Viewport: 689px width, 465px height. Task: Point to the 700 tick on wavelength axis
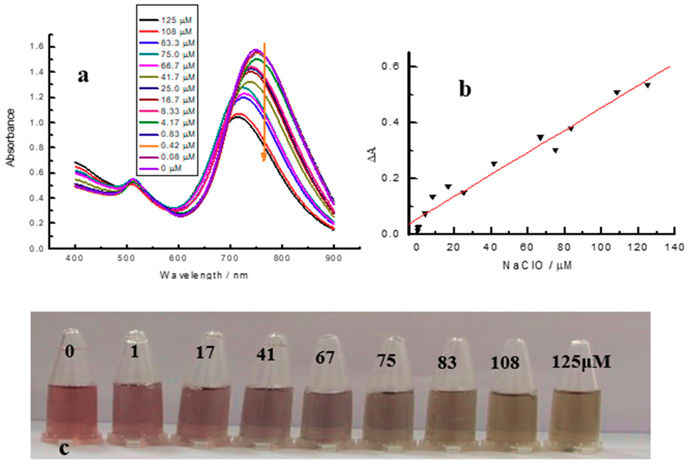point(230,258)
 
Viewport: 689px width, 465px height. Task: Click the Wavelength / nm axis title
point(204,275)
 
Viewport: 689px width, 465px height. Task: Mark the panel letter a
point(83,76)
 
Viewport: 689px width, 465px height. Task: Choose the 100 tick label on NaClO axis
point(601,247)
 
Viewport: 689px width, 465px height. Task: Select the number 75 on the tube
point(386,361)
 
